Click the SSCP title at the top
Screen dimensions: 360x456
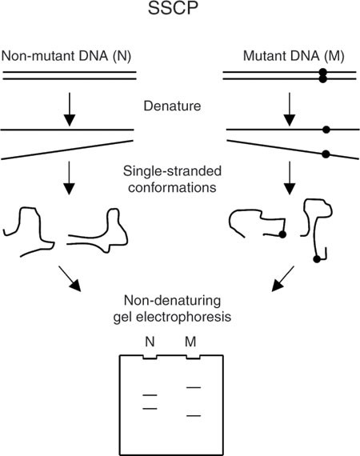(x=173, y=8)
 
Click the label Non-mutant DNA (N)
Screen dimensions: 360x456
(x=66, y=56)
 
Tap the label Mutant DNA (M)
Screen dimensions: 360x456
(x=294, y=56)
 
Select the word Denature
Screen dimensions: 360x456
(x=172, y=106)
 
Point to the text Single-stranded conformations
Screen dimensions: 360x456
(x=172, y=179)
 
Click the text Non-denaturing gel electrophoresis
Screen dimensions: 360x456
(x=172, y=309)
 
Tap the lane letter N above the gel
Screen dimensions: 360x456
(x=150, y=342)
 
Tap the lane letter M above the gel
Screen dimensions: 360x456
(x=190, y=342)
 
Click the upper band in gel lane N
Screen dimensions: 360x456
(x=150, y=395)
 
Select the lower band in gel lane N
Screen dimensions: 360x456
(x=150, y=409)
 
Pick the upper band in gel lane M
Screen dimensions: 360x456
(x=194, y=387)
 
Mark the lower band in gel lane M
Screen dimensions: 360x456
(x=194, y=415)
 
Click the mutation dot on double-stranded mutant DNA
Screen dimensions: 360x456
(x=322, y=75)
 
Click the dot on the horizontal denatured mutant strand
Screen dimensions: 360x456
(x=326, y=130)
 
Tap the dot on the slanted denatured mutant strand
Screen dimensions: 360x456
(x=326, y=154)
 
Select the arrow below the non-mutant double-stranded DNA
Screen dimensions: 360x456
(x=70, y=110)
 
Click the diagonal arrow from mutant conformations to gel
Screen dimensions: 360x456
(x=283, y=278)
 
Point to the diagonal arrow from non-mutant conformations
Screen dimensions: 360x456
(x=70, y=278)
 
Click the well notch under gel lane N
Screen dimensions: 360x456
(x=150, y=357)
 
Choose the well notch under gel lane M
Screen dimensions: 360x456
(x=193, y=357)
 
